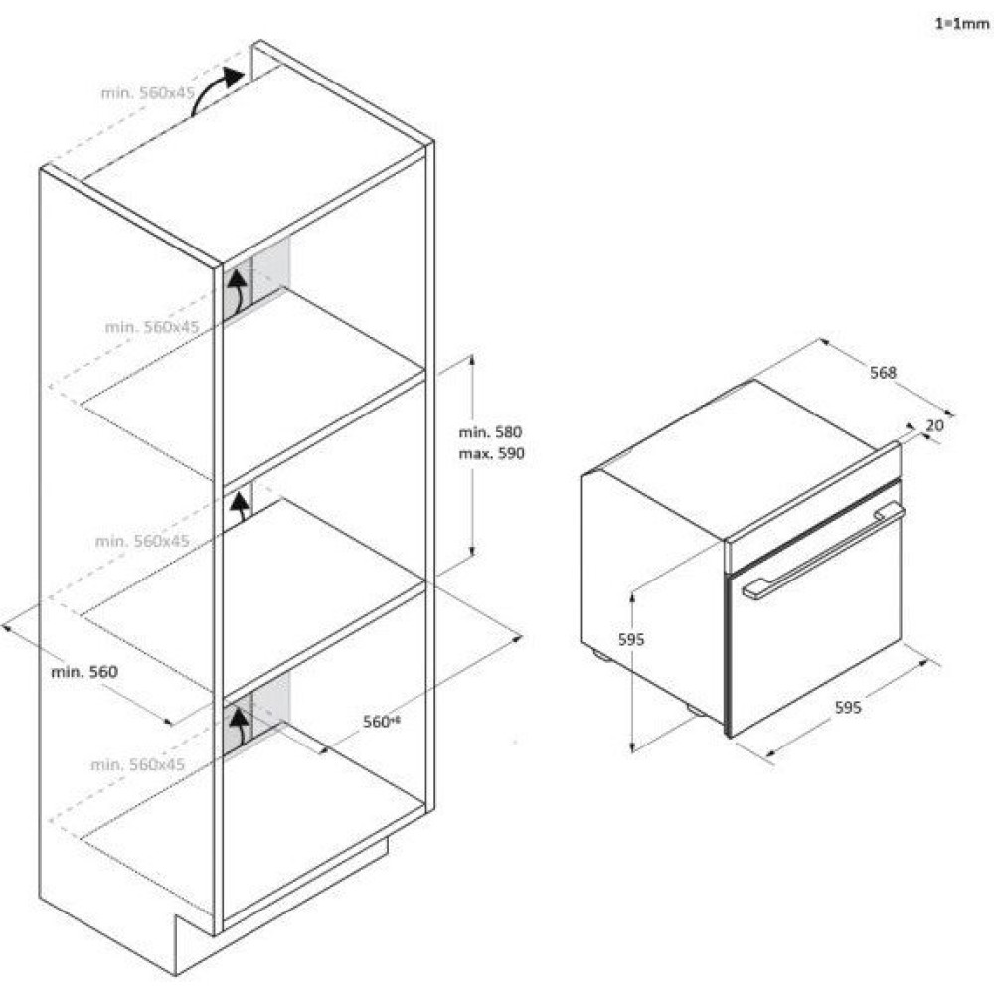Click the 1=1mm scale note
tap(959, 24)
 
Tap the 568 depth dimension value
tap(883, 373)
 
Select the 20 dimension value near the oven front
tap(933, 425)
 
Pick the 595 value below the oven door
tap(847, 708)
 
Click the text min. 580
tap(490, 433)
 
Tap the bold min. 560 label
tap(84, 672)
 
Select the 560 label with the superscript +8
tap(380, 722)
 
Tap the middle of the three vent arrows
tap(239, 510)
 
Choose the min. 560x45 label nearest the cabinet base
tap(138, 765)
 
